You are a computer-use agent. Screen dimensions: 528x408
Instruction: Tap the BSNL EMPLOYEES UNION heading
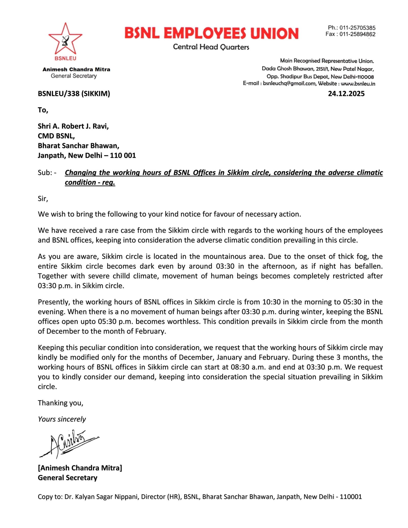coord(211,33)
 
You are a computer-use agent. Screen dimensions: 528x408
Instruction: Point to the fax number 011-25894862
coord(357,34)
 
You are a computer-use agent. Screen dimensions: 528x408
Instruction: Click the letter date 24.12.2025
coord(346,94)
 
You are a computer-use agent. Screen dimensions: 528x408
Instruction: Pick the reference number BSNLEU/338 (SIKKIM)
coord(74,94)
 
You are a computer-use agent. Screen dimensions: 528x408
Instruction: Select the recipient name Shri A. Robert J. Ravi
coord(73,126)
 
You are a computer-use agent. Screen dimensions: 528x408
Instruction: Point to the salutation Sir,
coord(43,198)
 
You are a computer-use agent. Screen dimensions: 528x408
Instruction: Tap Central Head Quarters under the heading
coord(211,47)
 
